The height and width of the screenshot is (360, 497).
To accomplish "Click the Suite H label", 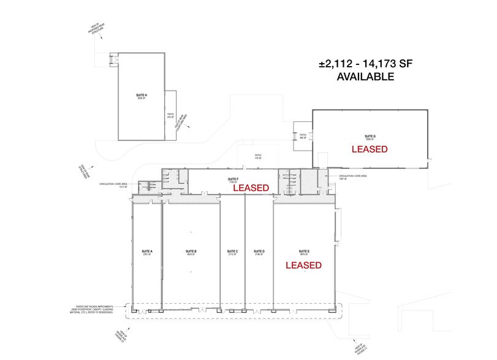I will tap(142, 97).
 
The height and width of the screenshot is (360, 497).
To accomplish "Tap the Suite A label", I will tap(147, 252).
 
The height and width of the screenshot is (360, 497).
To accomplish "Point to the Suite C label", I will tap(232, 252).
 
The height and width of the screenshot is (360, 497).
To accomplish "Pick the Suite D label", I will tap(259, 252).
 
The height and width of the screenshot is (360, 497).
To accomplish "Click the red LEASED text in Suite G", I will tap(369, 149).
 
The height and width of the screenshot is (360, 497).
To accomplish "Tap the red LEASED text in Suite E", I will tap(303, 265).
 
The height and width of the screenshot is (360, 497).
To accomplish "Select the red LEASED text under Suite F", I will tap(251, 188).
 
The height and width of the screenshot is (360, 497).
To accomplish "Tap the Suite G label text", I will tap(369, 138).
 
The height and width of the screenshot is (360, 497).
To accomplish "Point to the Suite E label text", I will tap(303, 252).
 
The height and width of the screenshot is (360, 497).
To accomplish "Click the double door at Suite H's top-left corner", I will tap(112, 59).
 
